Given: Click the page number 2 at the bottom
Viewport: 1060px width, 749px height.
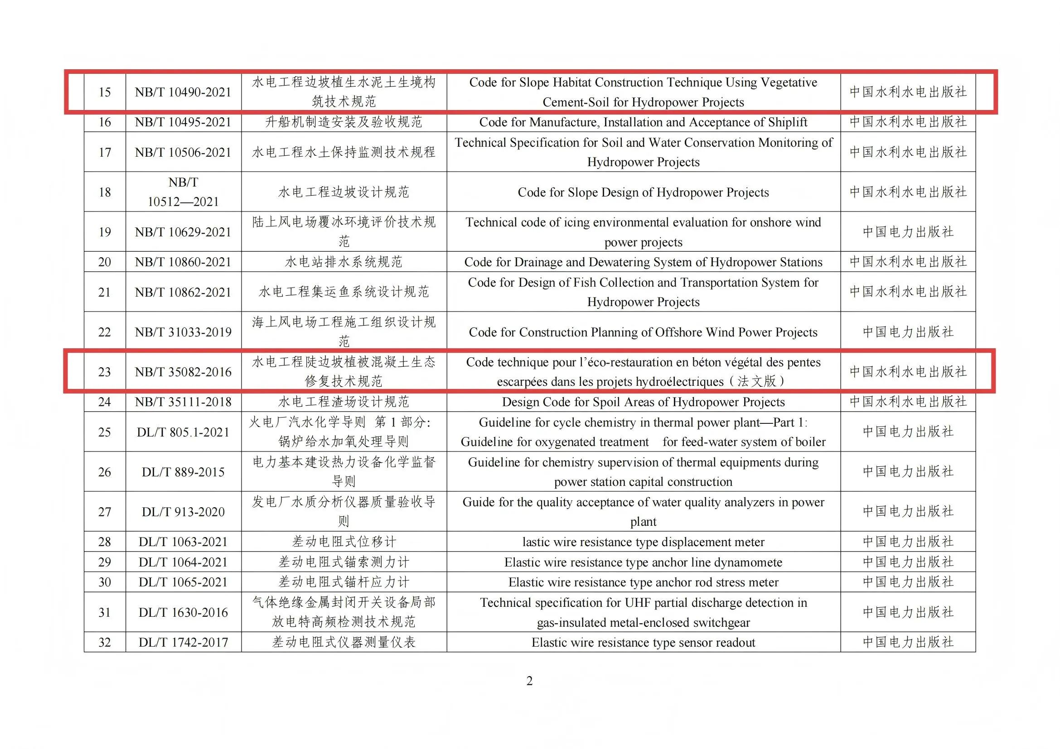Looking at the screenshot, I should (529, 681).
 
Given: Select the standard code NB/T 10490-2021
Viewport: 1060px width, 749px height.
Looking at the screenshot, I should (183, 92).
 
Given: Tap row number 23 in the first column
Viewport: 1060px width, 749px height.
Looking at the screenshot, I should (105, 372).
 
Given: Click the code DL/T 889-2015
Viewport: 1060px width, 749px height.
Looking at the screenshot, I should (183, 472).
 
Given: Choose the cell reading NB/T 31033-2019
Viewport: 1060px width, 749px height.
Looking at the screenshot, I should (183, 332).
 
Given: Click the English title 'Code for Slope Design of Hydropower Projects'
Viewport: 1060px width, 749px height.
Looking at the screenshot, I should (643, 192).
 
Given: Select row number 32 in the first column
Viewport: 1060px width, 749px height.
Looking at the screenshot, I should (105, 643).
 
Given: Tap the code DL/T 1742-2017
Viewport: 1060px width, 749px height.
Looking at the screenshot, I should (183, 643).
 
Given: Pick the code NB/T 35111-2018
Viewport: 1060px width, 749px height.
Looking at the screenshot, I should (183, 402).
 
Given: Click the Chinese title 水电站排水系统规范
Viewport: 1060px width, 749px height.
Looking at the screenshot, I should (344, 262).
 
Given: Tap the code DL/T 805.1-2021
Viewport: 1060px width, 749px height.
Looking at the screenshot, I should (183, 432).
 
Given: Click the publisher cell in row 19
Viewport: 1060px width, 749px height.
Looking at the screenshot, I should (908, 231).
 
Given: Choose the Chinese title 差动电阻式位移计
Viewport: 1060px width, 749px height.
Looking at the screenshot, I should (344, 542).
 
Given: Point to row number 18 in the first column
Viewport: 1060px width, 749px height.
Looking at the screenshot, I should (105, 192).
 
